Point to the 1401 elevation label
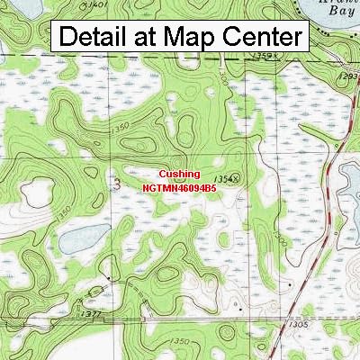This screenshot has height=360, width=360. [97, 5]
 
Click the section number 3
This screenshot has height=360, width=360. [117, 183]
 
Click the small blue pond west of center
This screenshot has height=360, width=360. [76, 240]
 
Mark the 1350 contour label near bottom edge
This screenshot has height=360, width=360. [179, 341]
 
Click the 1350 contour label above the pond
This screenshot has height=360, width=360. [63, 215]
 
